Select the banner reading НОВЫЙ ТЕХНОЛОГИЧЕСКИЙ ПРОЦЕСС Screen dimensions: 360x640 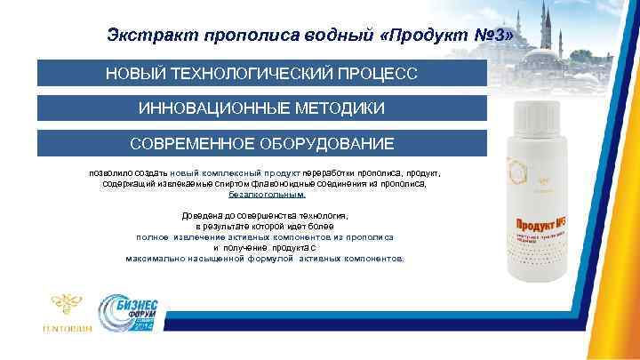point(261,72)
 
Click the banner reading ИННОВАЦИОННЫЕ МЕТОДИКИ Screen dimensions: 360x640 point(261,108)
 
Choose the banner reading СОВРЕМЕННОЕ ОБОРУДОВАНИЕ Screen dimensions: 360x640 point(261,143)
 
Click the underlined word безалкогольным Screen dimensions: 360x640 point(267,194)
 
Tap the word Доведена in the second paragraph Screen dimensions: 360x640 point(204,216)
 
